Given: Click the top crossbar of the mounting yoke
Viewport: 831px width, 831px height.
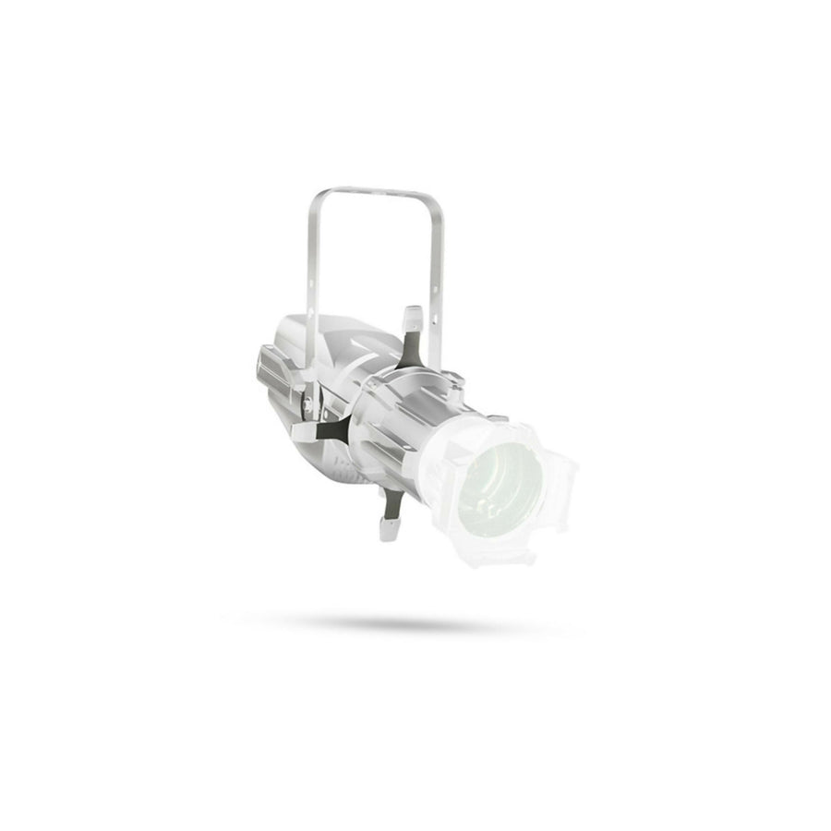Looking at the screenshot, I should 377,192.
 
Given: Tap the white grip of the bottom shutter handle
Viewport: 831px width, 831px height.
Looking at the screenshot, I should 388,527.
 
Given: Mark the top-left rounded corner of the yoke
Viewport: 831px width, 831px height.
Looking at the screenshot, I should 318,196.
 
